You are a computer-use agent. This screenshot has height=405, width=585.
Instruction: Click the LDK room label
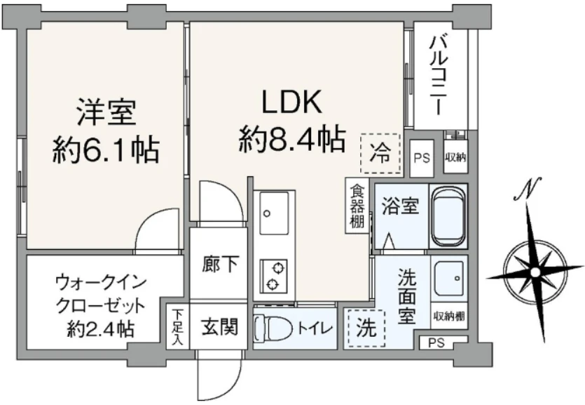pyautogui.click(x=291, y=102)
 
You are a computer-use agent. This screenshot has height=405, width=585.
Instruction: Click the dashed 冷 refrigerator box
pyautogui.click(x=380, y=153)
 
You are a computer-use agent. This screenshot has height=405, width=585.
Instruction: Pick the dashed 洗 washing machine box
pyautogui.click(x=366, y=328)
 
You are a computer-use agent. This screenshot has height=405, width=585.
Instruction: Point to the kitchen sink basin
pyautogui.click(x=273, y=213)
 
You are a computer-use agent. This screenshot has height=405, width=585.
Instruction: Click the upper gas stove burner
pyautogui.click(x=277, y=268)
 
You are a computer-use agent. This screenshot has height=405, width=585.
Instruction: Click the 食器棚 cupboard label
pyautogui.click(x=357, y=206)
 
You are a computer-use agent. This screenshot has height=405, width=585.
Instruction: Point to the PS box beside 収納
pyautogui.click(x=422, y=158)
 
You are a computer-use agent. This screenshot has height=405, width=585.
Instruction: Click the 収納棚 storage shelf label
pyautogui.click(x=449, y=317)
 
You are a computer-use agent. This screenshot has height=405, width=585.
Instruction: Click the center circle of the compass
pyautogui.click(x=535, y=272)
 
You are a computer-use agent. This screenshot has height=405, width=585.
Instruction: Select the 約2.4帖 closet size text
pyautogui.click(x=100, y=329)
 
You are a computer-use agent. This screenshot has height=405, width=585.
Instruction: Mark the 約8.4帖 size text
pyautogui.click(x=291, y=139)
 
